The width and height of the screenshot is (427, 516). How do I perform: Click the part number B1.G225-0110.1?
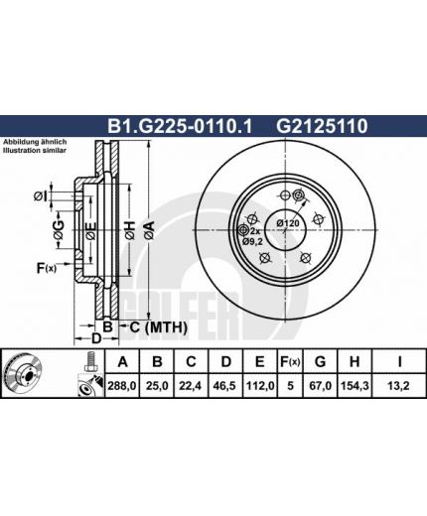180,126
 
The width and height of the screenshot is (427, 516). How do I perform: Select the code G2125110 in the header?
322,126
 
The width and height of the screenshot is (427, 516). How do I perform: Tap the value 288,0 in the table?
122,386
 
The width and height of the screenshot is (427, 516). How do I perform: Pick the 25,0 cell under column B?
157,386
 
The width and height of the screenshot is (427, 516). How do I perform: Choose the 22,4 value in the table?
191,386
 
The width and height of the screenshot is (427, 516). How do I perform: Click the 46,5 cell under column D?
225,386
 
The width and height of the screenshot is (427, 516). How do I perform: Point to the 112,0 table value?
260,386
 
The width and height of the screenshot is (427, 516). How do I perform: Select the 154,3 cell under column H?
355,386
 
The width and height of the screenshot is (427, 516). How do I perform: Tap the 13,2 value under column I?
399,386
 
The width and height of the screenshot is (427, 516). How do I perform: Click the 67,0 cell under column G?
320,386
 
